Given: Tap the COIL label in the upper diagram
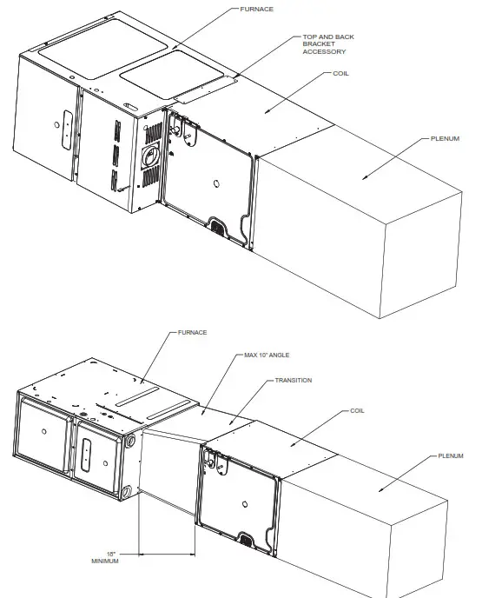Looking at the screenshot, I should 341,74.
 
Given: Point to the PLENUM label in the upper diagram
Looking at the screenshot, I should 446,138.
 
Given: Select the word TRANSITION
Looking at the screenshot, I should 294,380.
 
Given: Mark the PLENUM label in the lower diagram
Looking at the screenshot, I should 451,455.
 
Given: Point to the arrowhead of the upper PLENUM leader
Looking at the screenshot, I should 365,178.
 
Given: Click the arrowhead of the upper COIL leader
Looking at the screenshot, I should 267,111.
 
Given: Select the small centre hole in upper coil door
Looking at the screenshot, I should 216,184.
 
